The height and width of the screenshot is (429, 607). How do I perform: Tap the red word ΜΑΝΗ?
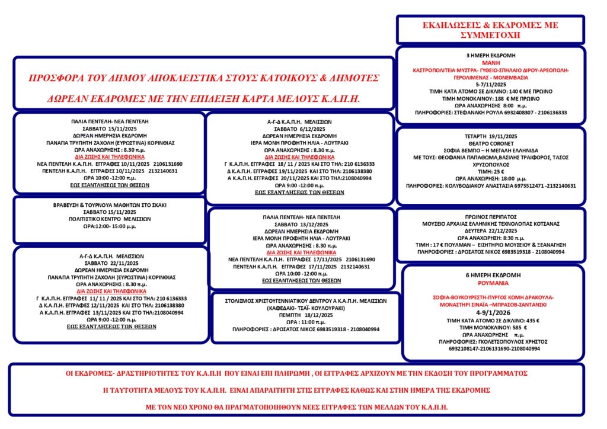pyautogui.click(x=491, y=62)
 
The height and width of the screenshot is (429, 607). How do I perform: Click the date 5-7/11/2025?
pyautogui.click(x=491, y=84)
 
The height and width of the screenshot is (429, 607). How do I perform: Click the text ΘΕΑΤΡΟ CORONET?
pyautogui.click(x=491, y=143)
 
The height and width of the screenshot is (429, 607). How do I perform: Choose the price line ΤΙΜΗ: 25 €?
pyautogui.click(x=491, y=171)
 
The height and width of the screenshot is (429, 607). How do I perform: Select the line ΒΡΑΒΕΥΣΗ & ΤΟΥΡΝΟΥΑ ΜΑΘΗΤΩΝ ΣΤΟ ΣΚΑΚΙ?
pyautogui.click(x=109, y=204)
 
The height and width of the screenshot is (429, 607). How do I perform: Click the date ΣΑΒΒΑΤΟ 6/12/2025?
pyautogui.click(x=299, y=128)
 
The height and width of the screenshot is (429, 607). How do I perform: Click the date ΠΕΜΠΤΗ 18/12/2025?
pyautogui.click(x=299, y=315)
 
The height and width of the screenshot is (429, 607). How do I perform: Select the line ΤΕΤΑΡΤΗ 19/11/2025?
pyautogui.click(x=491, y=136)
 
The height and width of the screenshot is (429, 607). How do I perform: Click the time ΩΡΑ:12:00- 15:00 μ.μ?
pyautogui.click(x=109, y=226)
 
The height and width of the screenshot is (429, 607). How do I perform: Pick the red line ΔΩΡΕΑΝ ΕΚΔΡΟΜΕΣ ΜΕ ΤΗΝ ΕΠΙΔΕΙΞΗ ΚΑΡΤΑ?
pyautogui.click(x=204, y=97)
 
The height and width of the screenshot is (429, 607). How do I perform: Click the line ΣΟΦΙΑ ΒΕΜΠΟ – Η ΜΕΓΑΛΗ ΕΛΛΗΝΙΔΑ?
pyautogui.click(x=491, y=151)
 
